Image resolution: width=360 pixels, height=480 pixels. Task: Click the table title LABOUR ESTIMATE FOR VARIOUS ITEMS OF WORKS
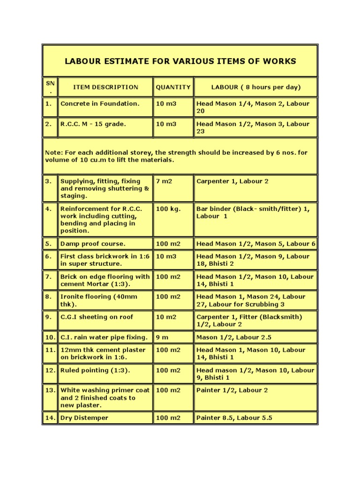(180, 61)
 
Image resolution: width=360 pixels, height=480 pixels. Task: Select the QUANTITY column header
(173, 87)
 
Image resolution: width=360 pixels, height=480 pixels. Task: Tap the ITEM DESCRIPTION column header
(105, 87)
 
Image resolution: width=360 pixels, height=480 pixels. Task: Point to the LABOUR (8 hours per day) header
(256, 87)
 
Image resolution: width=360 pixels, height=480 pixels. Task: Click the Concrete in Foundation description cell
(100, 104)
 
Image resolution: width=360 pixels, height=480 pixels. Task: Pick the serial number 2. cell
(49, 124)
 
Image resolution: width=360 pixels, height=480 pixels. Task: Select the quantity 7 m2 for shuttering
(164, 181)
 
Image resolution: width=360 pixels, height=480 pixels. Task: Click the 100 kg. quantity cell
(168, 209)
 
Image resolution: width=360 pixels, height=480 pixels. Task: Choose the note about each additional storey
(180, 156)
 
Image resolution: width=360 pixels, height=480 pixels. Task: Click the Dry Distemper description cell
(84, 418)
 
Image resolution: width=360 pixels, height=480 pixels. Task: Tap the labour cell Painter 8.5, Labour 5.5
(234, 418)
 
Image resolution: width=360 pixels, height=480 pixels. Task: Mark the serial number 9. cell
(49, 317)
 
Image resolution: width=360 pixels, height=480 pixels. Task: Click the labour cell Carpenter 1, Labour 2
(232, 181)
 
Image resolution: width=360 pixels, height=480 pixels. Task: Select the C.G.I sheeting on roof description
(97, 317)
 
